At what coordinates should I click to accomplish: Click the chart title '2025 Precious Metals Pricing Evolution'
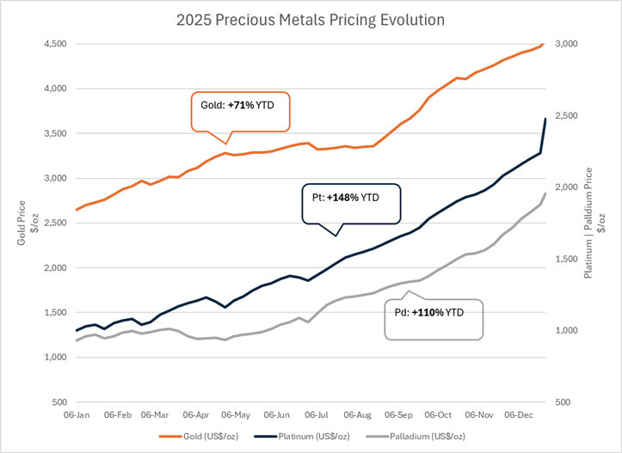point(310,19)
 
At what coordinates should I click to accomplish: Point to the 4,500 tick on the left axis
point(55,44)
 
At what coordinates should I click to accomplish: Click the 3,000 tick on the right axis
point(566,44)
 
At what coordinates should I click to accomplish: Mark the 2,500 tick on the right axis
point(566,115)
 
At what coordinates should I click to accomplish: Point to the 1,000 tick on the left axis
point(55,357)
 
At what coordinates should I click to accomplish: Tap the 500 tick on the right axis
point(563,401)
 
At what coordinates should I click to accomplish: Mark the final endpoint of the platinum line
point(545,119)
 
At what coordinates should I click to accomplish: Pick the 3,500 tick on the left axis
point(55,133)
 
